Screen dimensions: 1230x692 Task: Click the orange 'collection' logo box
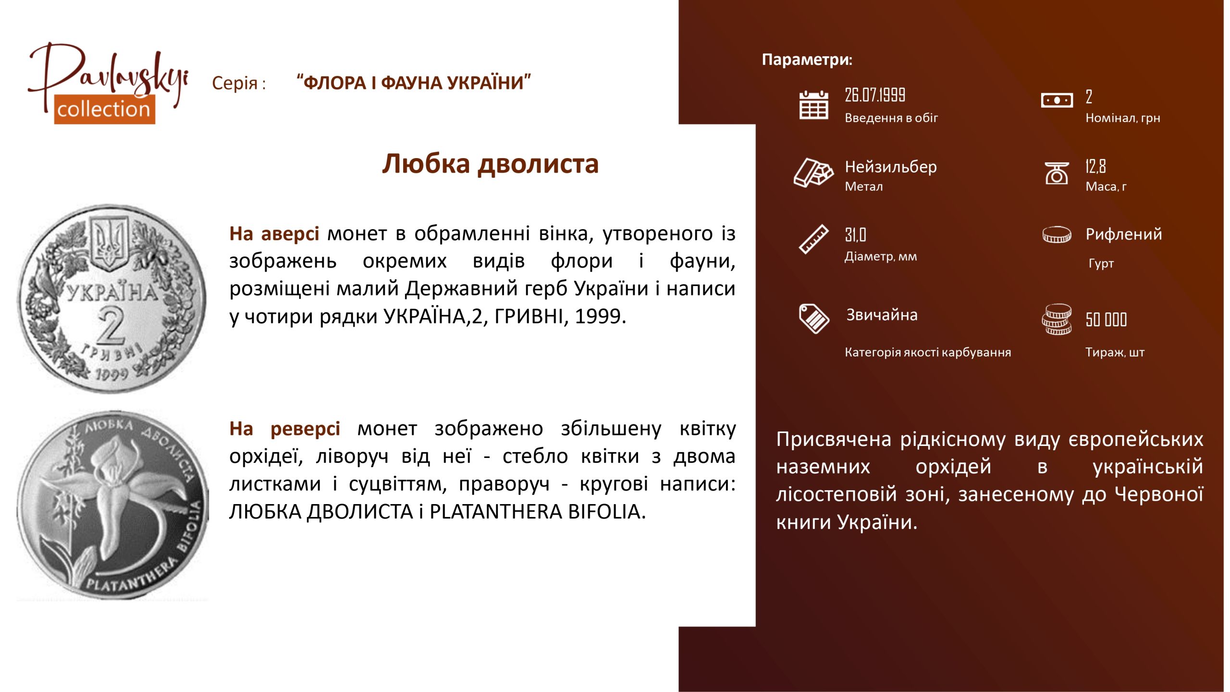tap(104, 109)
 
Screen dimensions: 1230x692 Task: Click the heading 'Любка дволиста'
tap(490, 164)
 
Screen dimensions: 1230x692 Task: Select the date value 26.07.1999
tap(875, 95)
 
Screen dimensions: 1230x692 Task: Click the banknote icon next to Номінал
tap(1057, 100)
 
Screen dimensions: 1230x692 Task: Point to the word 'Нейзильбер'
tap(891, 167)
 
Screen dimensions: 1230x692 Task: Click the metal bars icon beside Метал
tap(813, 172)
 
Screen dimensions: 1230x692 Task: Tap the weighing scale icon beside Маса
tap(1057, 173)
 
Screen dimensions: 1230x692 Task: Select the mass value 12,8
tap(1095, 166)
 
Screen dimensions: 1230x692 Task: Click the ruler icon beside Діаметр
tap(813, 239)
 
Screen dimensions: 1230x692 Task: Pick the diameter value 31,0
tap(855, 235)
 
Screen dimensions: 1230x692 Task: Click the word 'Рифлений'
tap(1124, 234)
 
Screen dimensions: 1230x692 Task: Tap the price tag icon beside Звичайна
tap(813, 318)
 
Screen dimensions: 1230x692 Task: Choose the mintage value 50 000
tap(1106, 320)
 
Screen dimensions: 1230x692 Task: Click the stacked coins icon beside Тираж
tap(1057, 319)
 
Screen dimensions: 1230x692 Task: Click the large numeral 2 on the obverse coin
tap(112, 326)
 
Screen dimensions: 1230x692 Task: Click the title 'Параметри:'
tap(807, 60)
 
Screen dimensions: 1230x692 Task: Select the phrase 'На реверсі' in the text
tap(284, 428)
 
